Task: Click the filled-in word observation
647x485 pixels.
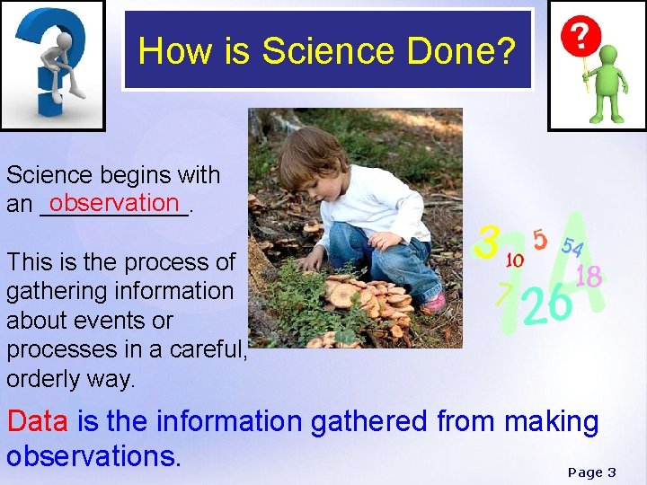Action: [x=116, y=202]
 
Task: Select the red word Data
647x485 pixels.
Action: [x=39, y=420]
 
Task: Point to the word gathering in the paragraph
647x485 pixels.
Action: [x=50, y=291]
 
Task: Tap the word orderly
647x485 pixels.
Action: [x=44, y=378]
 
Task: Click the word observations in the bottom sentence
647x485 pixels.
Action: [x=93, y=455]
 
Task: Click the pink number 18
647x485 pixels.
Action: [x=588, y=277]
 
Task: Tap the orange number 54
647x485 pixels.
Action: [x=572, y=246]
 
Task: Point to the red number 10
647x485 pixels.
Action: [x=515, y=260]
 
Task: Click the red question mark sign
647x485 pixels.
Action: [x=581, y=37]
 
